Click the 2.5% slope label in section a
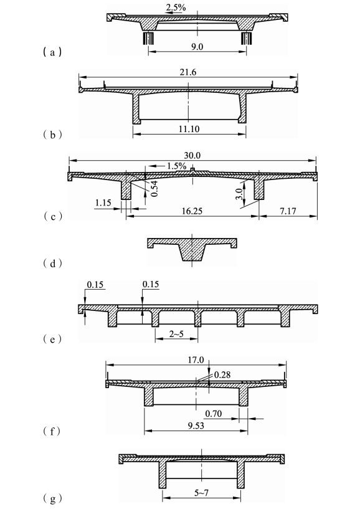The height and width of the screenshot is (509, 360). click(x=176, y=7)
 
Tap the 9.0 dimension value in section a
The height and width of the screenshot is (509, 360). click(x=197, y=47)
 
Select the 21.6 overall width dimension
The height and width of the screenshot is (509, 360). click(x=188, y=72)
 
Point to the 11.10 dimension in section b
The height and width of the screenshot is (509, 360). click(x=189, y=129)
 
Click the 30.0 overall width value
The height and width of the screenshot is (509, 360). click(x=192, y=155)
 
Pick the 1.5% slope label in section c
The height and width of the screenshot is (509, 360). click(x=177, y=166)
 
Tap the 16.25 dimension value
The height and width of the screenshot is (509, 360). click(x=192, y=211)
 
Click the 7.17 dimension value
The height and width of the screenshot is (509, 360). click(x=288, y=211)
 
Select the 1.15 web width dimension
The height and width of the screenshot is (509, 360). click(x=103, y=203)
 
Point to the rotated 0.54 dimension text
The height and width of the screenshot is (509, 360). click(x=154, y=189)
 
